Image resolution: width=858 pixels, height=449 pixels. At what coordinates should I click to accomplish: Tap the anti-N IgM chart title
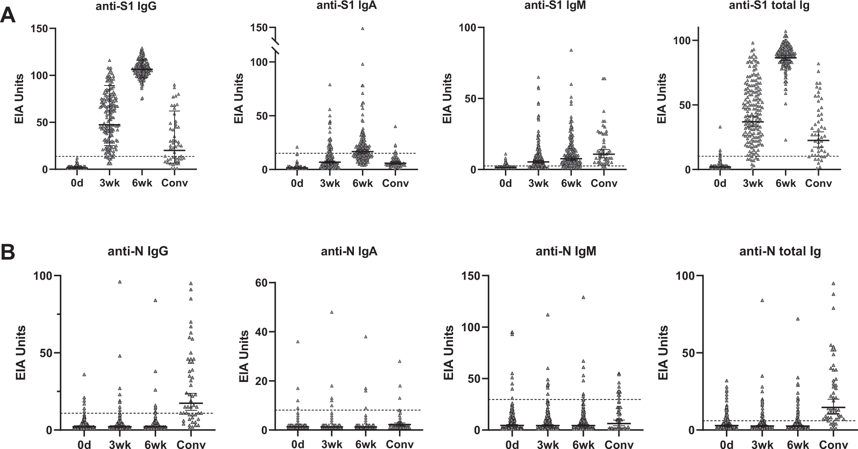[565, 252]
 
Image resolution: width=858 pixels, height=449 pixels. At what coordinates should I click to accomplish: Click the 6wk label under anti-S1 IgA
[363, 183]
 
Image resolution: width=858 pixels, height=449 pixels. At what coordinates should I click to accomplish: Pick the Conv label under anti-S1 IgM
[604, 183]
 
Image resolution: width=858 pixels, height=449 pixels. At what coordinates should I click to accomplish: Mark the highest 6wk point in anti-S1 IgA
[363, 28]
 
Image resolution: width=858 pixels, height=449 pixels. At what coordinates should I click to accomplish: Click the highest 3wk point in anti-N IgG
[120, 282]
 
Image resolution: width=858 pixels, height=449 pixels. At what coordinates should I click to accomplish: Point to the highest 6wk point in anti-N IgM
[583, 297]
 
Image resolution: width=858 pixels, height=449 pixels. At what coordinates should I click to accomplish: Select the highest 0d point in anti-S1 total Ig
[721, 127]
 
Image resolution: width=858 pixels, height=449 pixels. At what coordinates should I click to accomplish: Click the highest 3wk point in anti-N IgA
[332, 312]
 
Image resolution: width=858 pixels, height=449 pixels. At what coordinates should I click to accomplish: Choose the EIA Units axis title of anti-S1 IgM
[447, 98]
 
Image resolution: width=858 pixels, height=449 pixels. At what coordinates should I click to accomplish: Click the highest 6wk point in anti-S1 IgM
[571, 50]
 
